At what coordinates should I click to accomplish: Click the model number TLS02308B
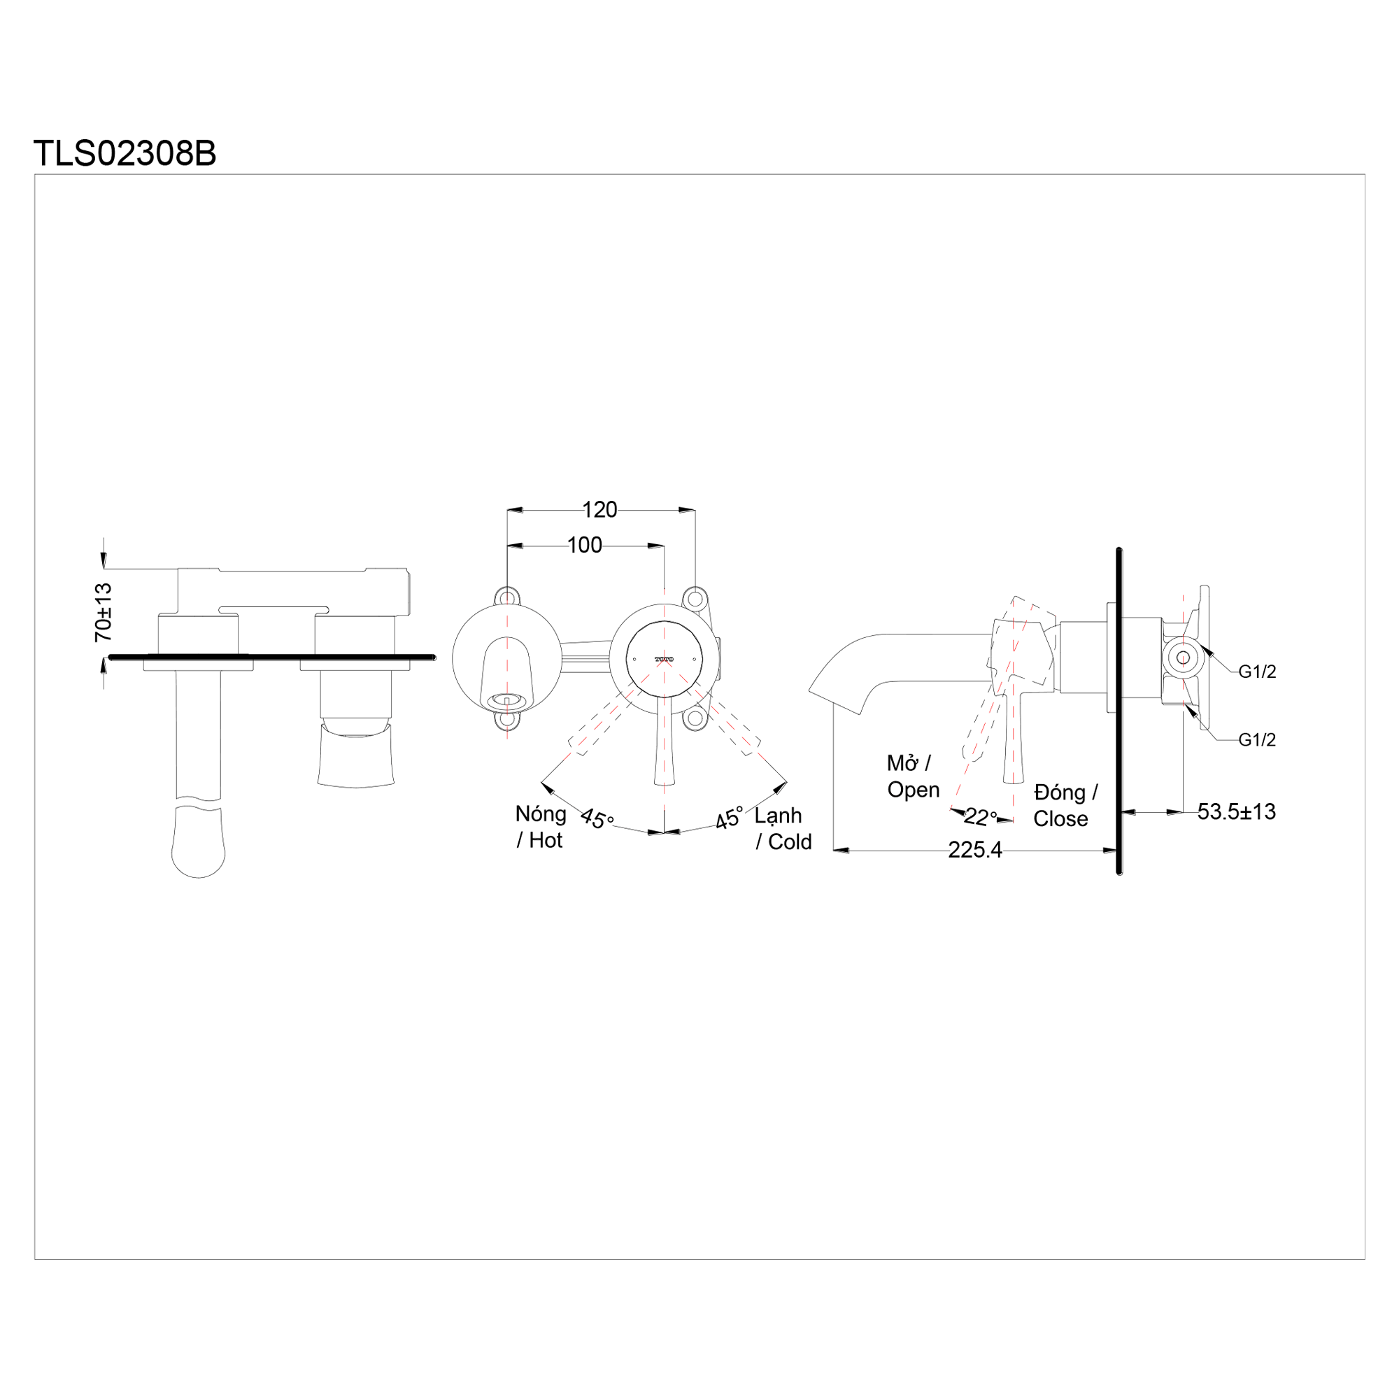point(125,153)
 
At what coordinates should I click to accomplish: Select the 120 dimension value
point(599,510)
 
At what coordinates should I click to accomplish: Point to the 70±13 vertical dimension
point(104,612)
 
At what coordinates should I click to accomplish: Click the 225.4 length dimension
point(974,849)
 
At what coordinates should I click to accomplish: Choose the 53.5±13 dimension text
point(1236,811)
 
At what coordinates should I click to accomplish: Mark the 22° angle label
point(981,817)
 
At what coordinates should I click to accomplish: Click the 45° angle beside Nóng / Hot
point(597,818)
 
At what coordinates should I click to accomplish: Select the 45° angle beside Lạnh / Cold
point(729,818)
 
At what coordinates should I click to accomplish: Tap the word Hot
point(546,840)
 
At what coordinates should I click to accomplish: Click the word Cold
point(789,841)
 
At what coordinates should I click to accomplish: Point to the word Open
point(913,789)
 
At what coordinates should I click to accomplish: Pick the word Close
point(1060,818)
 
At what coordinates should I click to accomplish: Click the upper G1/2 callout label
point(1257,672)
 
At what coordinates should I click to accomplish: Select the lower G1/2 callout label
point(1257,739)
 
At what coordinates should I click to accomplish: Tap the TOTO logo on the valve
point(664,659)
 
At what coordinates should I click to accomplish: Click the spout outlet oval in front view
point(506,699)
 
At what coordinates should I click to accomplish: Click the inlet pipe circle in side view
point(1184,658)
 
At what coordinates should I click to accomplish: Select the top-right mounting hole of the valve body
point(695,599)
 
